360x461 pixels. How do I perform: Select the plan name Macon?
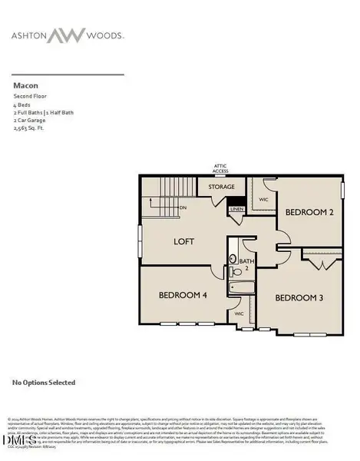(x=25, y=86)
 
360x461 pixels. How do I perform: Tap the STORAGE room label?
(x=216, y=187)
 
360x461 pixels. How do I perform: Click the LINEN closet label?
(x=237, y=208)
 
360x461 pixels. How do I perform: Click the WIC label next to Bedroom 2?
(x=263, y=198)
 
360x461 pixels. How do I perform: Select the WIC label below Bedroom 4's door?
(x=238, y=313)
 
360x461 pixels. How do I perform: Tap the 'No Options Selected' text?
(x=43, y=381)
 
